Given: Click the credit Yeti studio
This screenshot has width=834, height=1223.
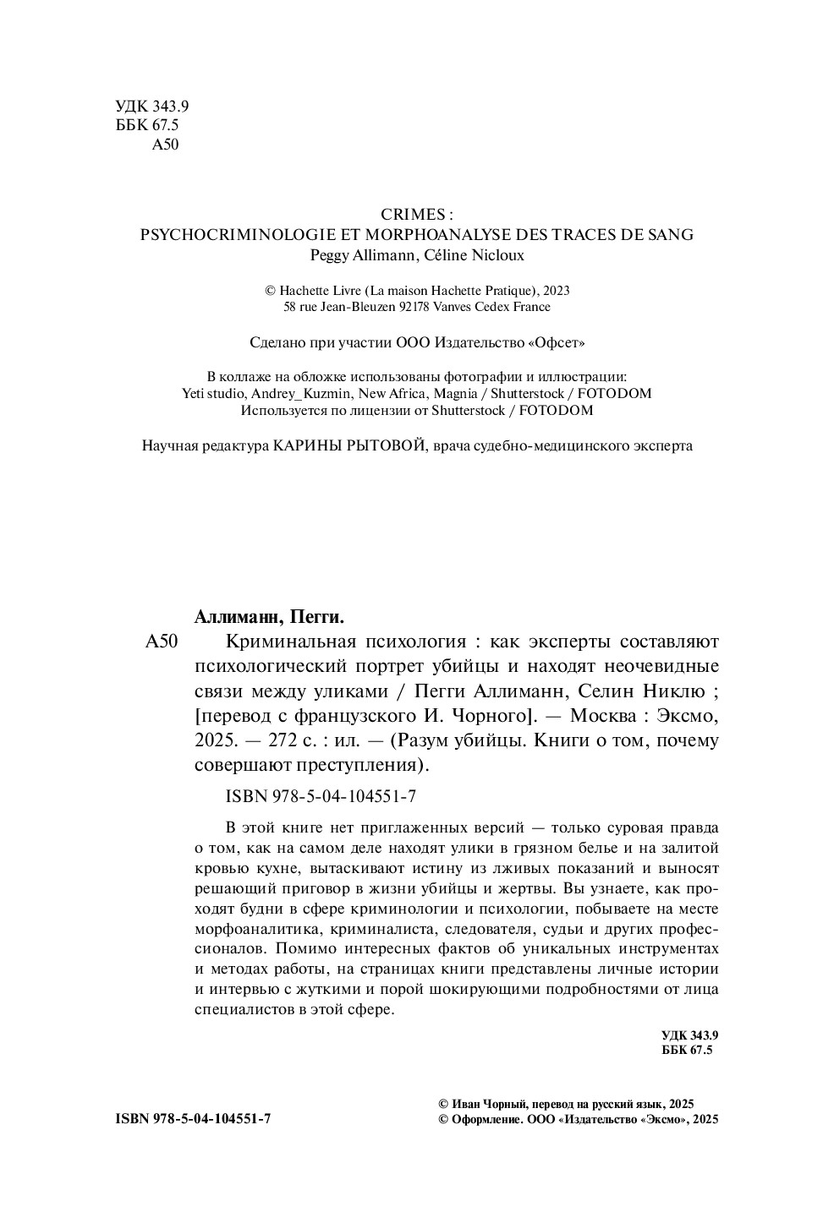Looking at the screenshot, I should (x=212, y=393).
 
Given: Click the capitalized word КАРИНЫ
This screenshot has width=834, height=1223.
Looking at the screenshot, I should (x=308, y=445).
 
